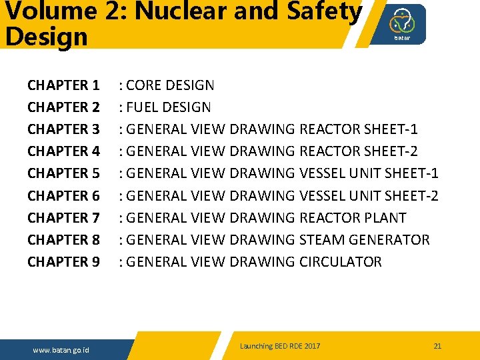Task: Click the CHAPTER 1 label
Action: coord(63,85)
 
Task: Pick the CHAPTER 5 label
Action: coord(63,173)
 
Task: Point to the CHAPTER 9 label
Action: coord(63,261)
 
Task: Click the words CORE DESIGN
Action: coord(170,85)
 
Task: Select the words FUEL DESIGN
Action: coord(168,107)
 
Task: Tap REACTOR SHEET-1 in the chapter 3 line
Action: coord(359,129)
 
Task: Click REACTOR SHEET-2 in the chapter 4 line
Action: coord(359,151)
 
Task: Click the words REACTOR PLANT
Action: coord(353,217)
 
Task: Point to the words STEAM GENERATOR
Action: coord(365,239)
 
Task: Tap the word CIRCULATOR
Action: coord(341,261)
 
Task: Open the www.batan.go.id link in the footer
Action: coord(61,350)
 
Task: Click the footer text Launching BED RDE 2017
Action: coord(280,346)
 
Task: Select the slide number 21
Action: coord(437,346)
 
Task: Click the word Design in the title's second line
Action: coord(46,37)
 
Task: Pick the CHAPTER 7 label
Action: coord(63,217)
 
